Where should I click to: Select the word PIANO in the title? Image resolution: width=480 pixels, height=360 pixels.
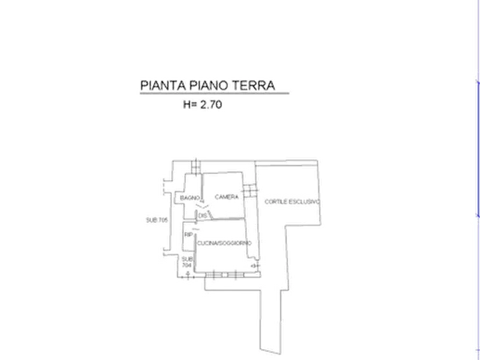203,85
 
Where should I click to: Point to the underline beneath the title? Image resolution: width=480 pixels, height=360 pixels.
215,97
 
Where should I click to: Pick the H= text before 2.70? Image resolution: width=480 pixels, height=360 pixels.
190,106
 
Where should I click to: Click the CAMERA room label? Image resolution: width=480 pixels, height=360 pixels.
227,198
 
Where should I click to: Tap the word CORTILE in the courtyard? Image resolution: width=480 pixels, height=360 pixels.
276,202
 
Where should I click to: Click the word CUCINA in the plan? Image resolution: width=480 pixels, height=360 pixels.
207,243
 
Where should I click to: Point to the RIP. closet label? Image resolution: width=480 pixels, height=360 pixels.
188,235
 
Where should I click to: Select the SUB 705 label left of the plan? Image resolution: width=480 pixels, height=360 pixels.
157,219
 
